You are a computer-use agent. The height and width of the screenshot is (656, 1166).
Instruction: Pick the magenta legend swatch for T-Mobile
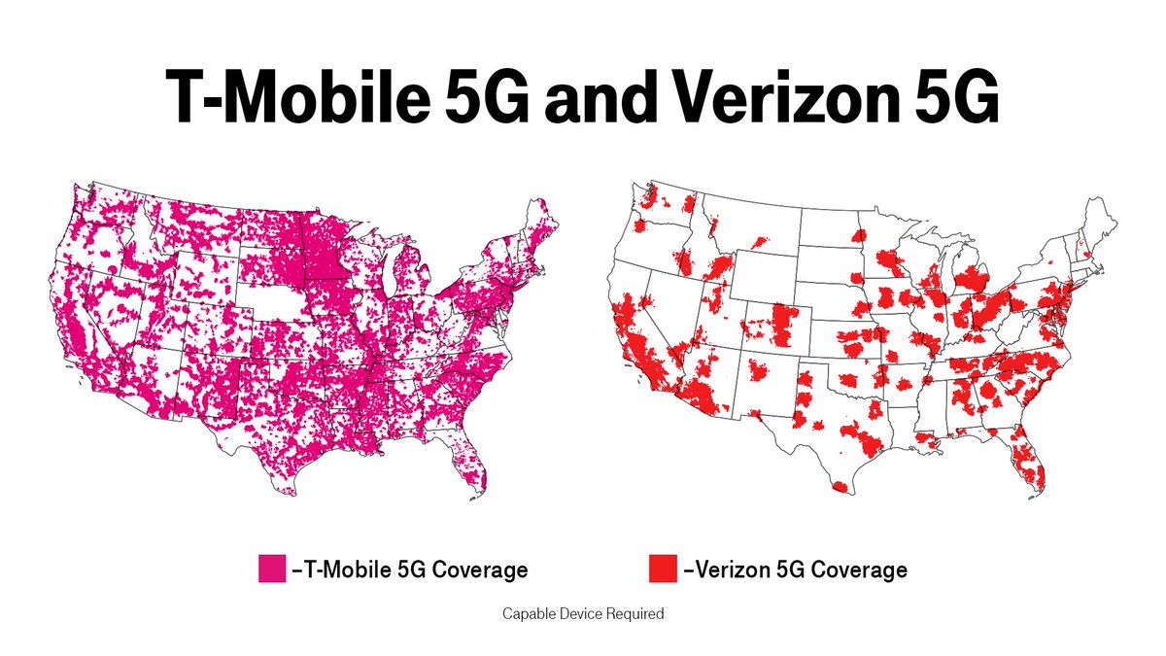click(x=271, y=570)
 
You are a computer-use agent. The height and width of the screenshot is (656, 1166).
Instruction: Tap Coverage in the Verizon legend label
click(x=860, y=570)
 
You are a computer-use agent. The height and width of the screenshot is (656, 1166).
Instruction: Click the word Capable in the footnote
click(x=527, y=615)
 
